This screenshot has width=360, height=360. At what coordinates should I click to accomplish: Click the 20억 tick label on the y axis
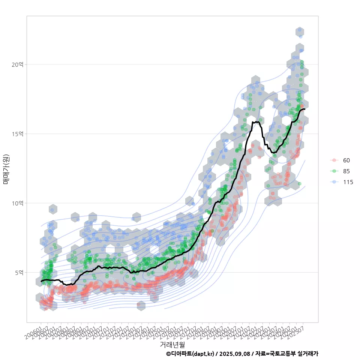pyautogui.click(x=17, y=64)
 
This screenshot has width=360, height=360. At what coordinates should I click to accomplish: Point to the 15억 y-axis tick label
pyautogui.click(x=17, y=134)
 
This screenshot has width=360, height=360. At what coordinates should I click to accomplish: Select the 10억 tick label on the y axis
pyautogui.click(x=17, y=203)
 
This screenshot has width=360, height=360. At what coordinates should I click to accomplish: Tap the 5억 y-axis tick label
pyautogui.click(x=19, y=273)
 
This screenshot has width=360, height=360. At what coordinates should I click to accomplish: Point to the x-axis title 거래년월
pyautogui.click(x=172, y=344)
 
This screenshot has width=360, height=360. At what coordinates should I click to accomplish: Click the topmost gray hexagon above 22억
pyautogui.click(x=299, y=31)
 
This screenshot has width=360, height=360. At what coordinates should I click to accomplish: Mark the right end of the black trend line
pyautogui.click(x=304, y=109)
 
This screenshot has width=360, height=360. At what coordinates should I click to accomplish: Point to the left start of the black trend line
pyautogui.click(x=41, y=281)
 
